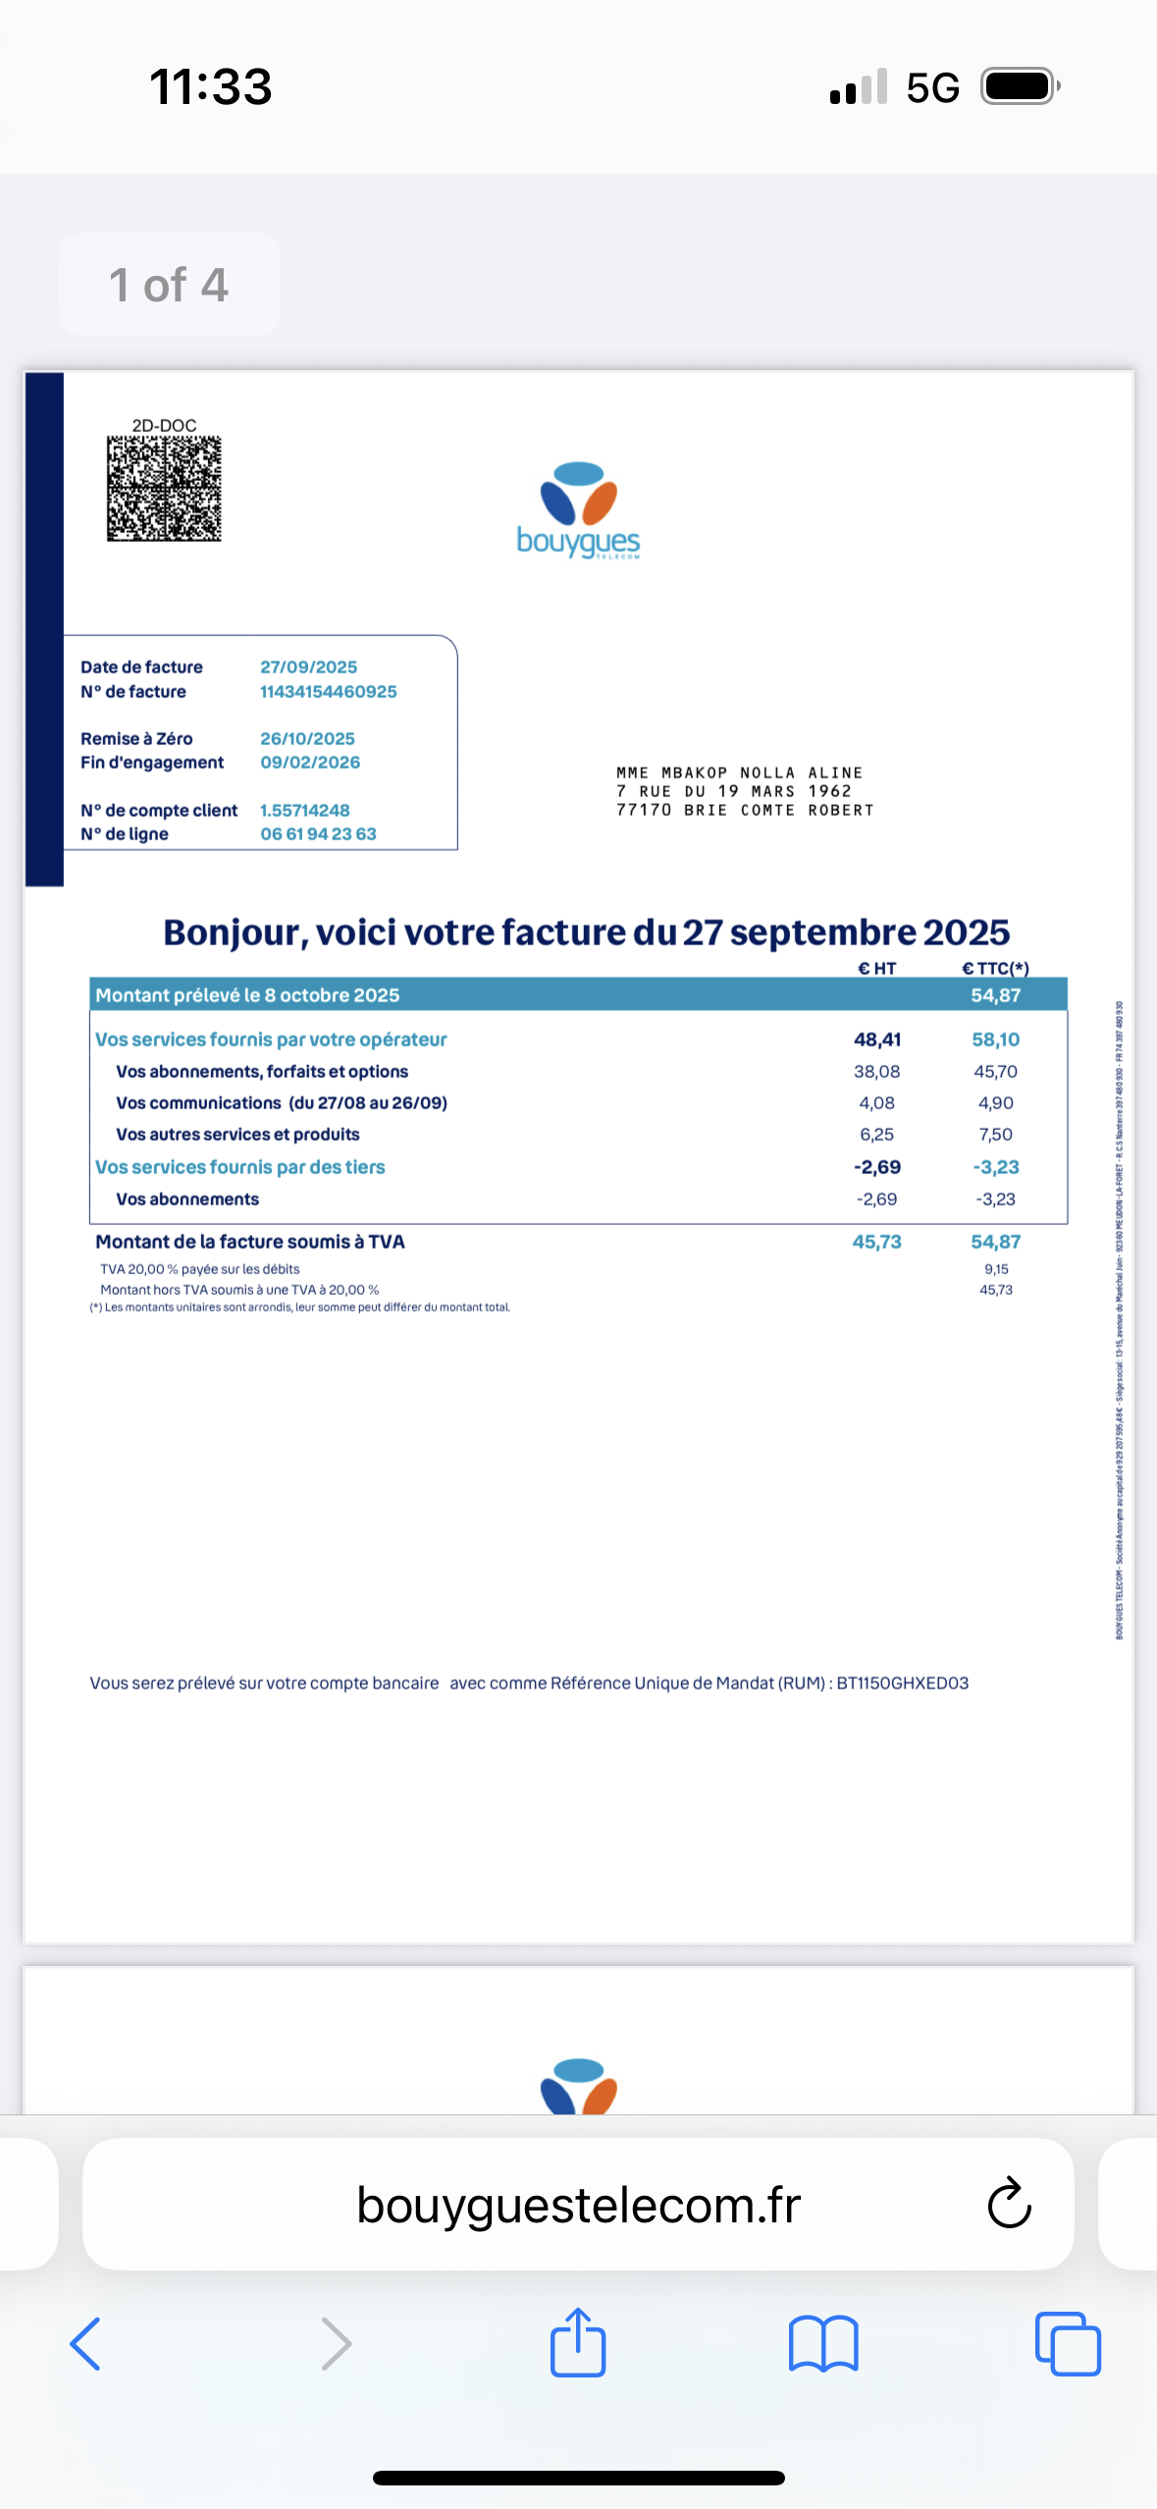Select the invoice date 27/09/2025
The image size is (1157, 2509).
308,667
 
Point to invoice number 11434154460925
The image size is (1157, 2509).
328,692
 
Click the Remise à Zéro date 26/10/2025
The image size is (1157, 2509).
307,739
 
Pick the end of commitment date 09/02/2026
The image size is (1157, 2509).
310,763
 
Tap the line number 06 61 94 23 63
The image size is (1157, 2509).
318,834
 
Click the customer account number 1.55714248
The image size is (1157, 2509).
304,811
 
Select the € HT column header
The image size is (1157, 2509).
876,969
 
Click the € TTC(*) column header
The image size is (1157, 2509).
995,969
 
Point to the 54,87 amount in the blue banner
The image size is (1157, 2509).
995,995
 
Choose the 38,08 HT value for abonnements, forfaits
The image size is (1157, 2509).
876,1072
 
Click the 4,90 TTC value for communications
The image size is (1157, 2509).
995,1103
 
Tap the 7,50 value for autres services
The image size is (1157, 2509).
995,1135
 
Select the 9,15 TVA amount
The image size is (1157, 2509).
995,1269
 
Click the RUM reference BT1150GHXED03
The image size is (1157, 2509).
902,1683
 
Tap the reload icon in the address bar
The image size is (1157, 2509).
1009,2205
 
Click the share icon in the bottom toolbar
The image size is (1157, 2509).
578,2344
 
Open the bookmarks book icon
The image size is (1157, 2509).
823,2344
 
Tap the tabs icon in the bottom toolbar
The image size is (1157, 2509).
1068,2344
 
